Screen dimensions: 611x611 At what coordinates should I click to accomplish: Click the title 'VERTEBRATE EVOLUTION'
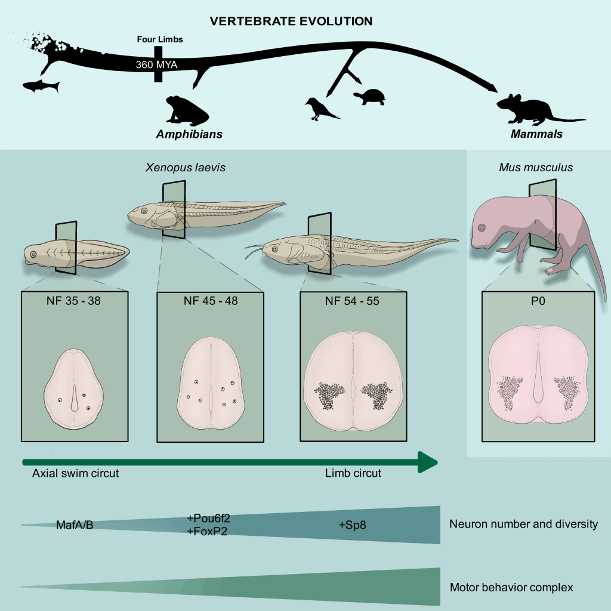click(291, 21)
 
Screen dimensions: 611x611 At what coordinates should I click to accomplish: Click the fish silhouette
click(41, 87)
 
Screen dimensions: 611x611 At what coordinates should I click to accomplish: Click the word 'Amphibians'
click(189, 134)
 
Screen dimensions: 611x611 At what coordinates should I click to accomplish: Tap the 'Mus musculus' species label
click(536, 167)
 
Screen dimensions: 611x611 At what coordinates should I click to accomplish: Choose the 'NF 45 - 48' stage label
click(210, 301)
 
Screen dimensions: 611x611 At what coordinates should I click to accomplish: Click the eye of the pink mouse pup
click(482, 227)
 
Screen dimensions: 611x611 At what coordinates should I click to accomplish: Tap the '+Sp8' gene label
click(352, 525)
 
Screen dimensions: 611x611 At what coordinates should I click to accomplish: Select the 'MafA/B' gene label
click(75, 525)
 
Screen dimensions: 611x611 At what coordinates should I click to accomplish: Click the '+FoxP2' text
click(207, 531)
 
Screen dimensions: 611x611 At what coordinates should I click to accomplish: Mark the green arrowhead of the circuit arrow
click(427, 462)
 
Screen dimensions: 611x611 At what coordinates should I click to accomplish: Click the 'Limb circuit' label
click(353, 474)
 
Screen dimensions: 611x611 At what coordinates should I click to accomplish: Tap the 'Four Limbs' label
click(159, 39)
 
